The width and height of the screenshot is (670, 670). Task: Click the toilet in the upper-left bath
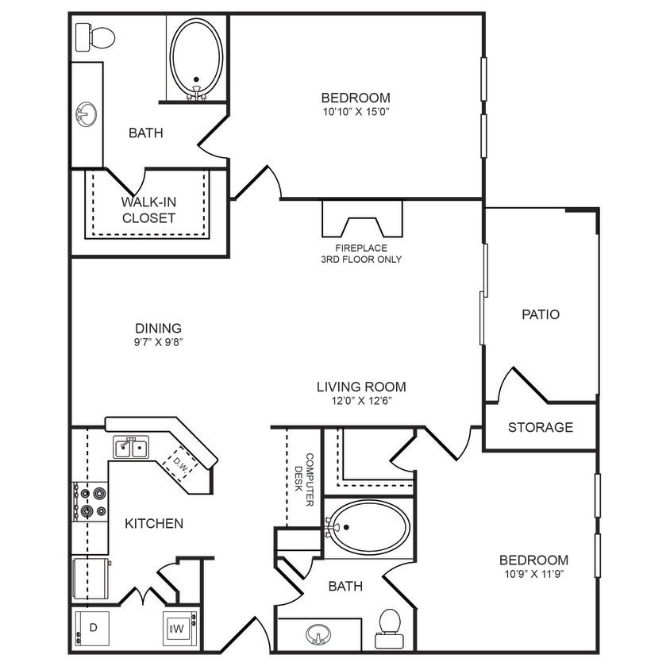point(96,37)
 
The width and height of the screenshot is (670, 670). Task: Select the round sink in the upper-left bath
point(87,114)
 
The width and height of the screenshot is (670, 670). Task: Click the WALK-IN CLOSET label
point(148,210)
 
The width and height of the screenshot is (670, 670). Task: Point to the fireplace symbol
point(362,218)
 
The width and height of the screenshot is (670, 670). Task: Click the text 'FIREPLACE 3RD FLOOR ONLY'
point(361,253)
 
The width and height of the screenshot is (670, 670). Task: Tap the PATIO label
point(540,314)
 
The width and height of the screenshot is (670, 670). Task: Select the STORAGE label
point(540,427)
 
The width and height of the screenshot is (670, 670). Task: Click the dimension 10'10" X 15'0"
point(355,112)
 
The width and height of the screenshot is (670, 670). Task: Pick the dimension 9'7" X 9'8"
point(159,342)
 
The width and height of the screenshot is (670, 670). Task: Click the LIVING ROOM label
point(361,387)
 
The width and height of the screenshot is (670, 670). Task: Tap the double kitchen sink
point(132,449)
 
